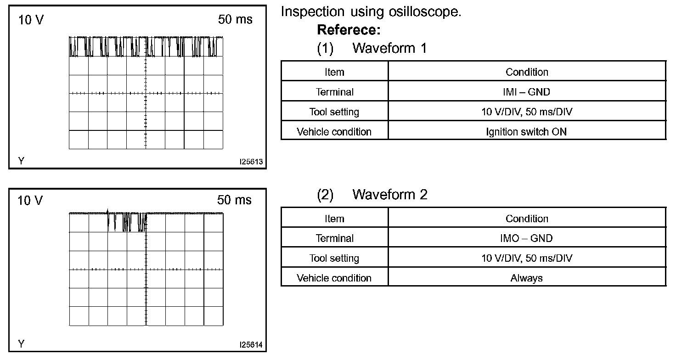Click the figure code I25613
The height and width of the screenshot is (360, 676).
tap(251, 162)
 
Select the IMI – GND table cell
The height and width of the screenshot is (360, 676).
tap(526, 92)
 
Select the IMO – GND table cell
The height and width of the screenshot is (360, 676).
tap(526, 238)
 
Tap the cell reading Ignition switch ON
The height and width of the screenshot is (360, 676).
tap(526, 132)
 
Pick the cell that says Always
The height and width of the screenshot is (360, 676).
tap(526, 278)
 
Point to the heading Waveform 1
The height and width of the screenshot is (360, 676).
tap(389, 48)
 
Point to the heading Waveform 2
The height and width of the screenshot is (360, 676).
tap(389, 195)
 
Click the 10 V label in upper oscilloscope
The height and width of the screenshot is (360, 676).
tap(31, 20)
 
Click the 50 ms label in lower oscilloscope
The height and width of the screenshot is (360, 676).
tap(234, 200)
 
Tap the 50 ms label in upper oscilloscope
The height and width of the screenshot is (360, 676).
tap(235, 20)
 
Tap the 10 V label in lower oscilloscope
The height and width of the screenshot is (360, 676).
tap(30, 201)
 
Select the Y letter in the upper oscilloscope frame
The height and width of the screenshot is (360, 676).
tap(21, 161)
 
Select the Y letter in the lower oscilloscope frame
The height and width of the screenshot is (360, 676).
tap(21, 343)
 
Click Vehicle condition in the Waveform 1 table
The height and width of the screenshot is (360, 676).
tap(334, 132)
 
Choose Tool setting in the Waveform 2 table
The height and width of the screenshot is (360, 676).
tap(334, 258)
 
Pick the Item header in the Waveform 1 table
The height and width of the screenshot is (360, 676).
tap(334, 72)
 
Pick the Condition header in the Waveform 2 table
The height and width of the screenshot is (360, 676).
tap(526, 219)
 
